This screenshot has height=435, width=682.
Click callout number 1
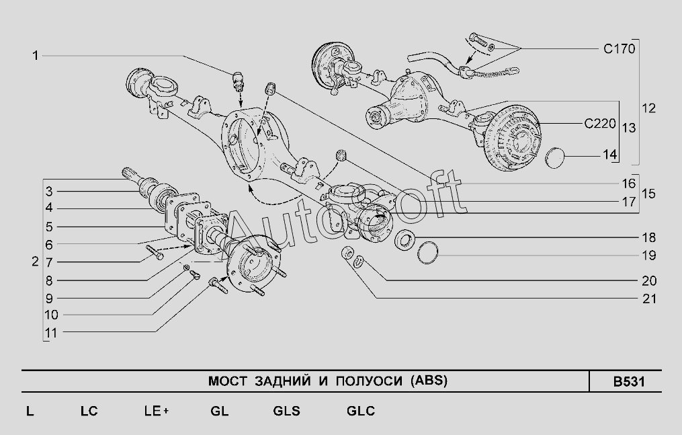tap(36, 56)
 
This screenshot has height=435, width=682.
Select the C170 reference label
tap(620, 48)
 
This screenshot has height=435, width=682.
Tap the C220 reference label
tap(600, 124)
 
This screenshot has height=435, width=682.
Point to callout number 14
tap(609, 155)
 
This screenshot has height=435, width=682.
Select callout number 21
tap(648, 299)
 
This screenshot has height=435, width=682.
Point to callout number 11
tap(51, 333)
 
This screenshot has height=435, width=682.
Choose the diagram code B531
tap(629, 381)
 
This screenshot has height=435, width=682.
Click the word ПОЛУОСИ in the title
tap(369, 381)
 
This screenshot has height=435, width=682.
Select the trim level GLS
tap(287, 411)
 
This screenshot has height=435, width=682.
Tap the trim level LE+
tap(157, 411)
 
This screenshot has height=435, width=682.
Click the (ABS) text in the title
tap(429, 381)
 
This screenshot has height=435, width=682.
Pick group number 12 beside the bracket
tap(648, 108)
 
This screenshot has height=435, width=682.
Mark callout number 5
tap(48, 227)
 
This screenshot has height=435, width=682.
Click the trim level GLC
tap(361, 411)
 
